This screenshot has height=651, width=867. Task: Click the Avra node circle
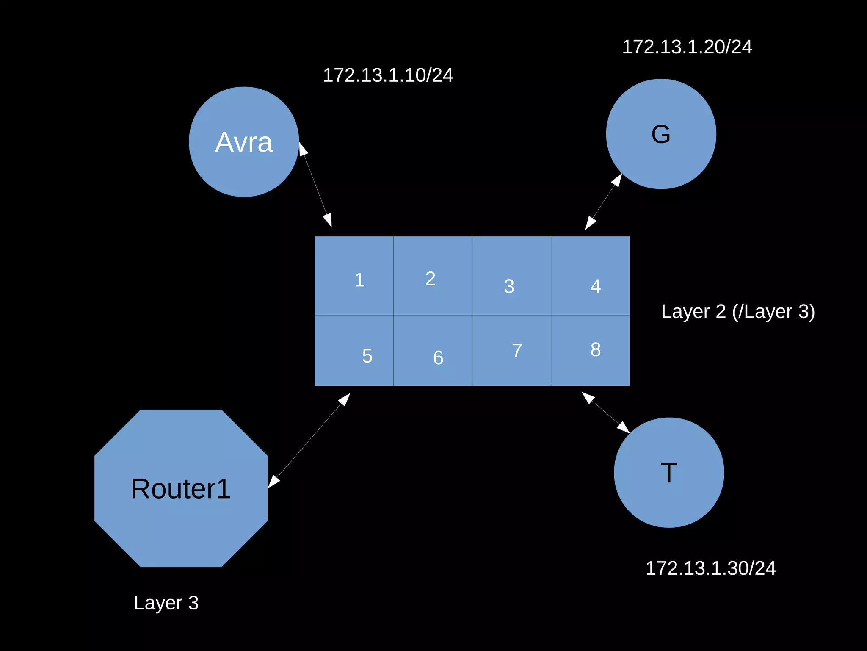244,142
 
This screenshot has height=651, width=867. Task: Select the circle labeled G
661,134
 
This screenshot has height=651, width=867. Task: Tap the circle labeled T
669,473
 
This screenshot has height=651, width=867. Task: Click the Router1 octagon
181,488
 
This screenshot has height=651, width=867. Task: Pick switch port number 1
354,276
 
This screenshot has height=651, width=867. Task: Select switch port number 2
433,276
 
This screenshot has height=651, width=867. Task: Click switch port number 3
511,276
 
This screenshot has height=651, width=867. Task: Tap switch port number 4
590,276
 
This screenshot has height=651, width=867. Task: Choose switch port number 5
354,351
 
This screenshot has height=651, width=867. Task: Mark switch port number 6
433,351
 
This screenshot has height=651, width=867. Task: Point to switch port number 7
511,351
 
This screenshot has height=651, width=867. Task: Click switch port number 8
590,351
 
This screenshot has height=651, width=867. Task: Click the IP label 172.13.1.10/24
388,75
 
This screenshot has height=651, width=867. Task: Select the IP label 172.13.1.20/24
687,47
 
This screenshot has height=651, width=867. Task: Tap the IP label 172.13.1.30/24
710,568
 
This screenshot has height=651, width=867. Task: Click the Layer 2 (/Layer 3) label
738,312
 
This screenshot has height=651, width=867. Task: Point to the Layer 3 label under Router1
166,603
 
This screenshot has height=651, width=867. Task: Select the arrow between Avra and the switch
315,185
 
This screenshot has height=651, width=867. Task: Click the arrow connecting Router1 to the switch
309,440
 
